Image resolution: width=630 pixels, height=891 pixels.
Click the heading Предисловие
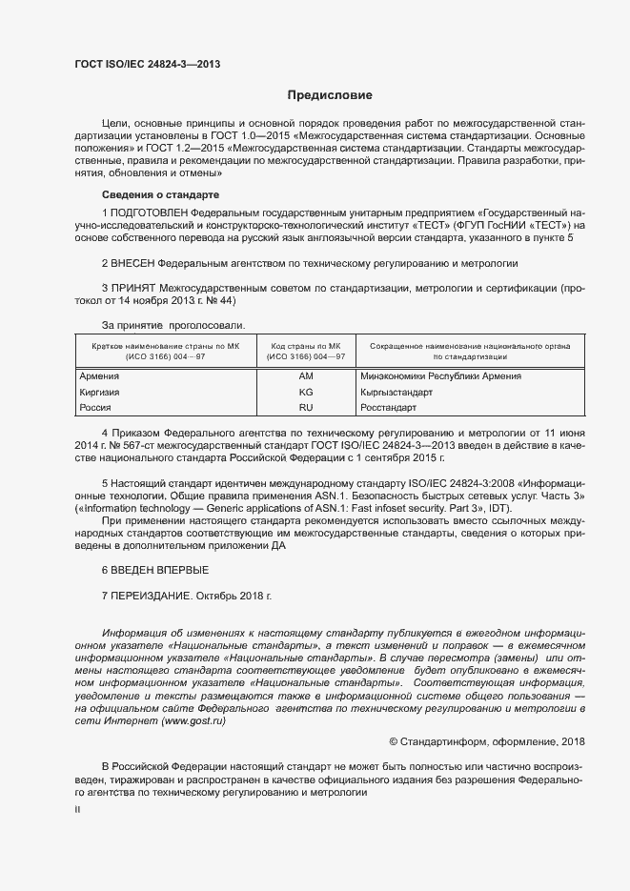(330, 95)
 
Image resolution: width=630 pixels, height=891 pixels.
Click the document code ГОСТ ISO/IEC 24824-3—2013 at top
(148, 66)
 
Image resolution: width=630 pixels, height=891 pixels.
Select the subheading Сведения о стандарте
(154, 195)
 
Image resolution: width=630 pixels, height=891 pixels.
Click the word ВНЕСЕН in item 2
(132, 262)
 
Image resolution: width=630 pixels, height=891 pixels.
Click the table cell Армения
(99, 376)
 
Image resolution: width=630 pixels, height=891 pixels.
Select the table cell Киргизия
(101, 392)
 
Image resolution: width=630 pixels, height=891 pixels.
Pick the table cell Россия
(95, 407)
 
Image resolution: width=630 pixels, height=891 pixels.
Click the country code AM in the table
(306, 376)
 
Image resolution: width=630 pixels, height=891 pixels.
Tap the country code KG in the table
(306, 392)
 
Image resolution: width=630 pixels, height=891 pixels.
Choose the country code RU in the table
(306, 407)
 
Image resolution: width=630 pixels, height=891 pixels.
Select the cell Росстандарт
(389, 407)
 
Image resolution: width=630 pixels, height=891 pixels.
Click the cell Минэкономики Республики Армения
(440, 376)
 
